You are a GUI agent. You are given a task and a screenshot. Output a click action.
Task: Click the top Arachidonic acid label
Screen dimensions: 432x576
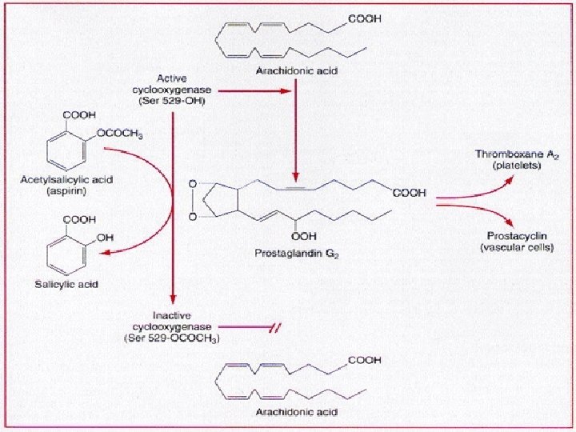click(295, 72)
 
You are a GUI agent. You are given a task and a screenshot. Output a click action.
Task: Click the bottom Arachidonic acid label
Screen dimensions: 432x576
click(296, 413)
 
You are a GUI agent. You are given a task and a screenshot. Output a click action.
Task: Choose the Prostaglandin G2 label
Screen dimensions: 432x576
click(297, 254)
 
